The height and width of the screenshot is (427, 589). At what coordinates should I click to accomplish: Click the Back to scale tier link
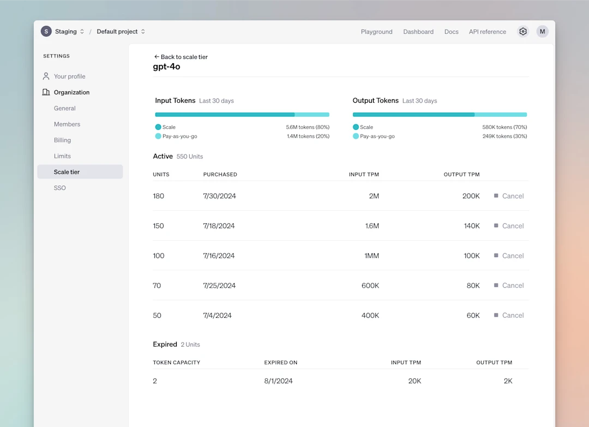(181, 57)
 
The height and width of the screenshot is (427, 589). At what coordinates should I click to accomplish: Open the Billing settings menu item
(62, 140)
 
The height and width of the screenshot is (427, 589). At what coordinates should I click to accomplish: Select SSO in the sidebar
(60, 188)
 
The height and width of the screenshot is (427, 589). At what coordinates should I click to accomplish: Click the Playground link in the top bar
(376, 32)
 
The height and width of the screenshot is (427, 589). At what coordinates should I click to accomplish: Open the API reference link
(487, 32)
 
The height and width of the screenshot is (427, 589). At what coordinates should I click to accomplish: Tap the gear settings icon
(523, 32)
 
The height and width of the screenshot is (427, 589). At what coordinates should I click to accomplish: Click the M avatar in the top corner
(542, 32)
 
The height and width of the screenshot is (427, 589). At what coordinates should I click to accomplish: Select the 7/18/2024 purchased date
(219, 226)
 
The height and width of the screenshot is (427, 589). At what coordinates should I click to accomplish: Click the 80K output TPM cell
(473, 286)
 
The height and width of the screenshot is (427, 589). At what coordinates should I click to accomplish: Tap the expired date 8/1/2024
(278, 381)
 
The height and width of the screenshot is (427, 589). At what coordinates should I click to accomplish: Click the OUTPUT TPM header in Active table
(461, 175)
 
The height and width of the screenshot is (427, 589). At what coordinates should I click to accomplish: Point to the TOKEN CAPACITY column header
(176, 363)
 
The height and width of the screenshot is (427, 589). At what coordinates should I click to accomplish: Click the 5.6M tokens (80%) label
(308, 127)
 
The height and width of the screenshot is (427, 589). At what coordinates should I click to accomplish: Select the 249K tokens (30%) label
(504, 137)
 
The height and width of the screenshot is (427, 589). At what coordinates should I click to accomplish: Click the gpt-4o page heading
(166, 67)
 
